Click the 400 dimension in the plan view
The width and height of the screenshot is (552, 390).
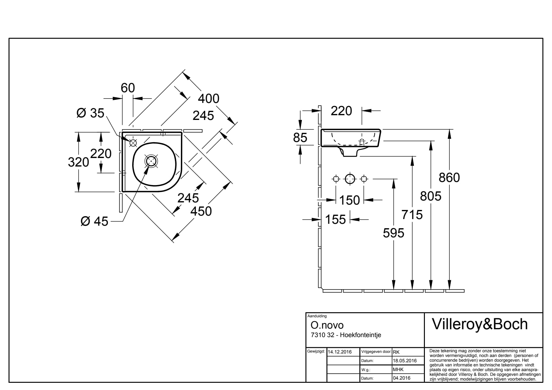(208, 99)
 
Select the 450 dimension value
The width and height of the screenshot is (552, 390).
(201, 211)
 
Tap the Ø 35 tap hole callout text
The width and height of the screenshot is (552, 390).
(90, 113)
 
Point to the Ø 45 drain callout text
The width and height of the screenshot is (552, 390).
(94, 222)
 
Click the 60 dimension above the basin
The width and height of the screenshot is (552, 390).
(128, 88)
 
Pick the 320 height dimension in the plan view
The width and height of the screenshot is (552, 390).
(78, 162)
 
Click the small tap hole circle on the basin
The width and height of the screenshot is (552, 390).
(133, 143)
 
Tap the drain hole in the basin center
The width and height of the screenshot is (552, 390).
(151, 161)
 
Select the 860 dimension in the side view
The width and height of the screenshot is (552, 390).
(449, 178)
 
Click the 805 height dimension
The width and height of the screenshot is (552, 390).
(431, 196)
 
